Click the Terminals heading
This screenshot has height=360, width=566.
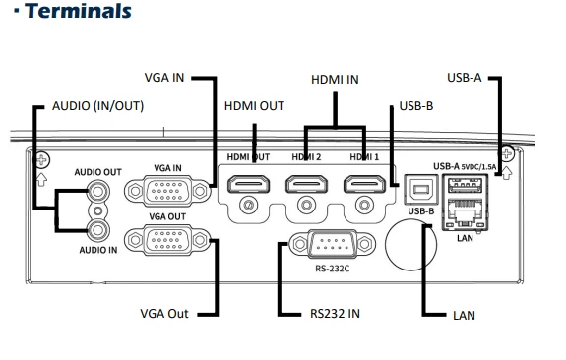coord(78,11)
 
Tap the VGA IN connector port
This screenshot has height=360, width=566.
coord(167,191)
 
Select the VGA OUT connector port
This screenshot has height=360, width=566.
coord(167,240)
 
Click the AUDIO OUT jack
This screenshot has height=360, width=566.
coord(97,191)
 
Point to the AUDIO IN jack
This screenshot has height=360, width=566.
coord(97,229)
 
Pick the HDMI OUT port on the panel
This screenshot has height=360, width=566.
coord(248,184)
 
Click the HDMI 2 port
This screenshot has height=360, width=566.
coord(306,184)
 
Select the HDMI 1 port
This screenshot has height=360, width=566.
coord(364,184)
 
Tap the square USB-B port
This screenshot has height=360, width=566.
coord(421,190)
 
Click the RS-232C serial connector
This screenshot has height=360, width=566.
coord(332,244)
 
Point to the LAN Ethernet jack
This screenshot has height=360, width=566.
coord(465,213)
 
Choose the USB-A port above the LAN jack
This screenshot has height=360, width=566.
coord(465,186)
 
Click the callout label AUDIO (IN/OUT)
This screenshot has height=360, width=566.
coord(97,106)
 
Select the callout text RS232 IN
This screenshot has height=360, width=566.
coord(335,314)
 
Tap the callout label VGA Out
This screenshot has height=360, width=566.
coord(164,314)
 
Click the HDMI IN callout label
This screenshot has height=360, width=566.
coord(335,80)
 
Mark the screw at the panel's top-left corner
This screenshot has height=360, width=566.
coord(41,159)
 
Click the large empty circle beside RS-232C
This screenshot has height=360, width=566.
coord(411,245)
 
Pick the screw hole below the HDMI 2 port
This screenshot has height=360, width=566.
coord(306,205)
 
